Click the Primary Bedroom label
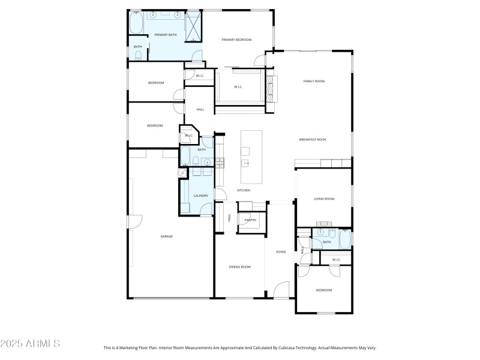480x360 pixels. pos(236,40)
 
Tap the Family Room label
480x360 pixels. pos(313,81)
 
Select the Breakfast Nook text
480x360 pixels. pos(312,140)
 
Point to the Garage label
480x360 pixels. pos(166,236)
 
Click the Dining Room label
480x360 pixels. pos(239,266)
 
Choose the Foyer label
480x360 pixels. pos(281,252)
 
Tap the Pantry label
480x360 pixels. pos(250,220)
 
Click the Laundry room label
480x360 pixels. pos(200,196)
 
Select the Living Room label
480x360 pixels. pos(324,199)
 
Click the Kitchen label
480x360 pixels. pos(243,190)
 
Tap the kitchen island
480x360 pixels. pos(251,157)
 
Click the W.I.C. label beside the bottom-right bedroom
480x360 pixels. pos(336,260)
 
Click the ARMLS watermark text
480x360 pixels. pos(30,344)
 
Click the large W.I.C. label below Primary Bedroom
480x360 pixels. pos(238,87)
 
